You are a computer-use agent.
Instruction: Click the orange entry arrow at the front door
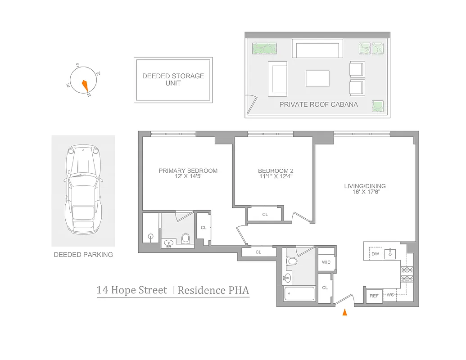click(x=345, y=312)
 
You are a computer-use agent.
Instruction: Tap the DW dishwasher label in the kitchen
click(x=375, y=254)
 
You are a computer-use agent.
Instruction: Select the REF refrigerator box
click(x=374, y=296)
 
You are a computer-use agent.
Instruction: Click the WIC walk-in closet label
click(x=326, y=262)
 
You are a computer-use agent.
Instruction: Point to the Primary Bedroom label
click(x=188, y=171)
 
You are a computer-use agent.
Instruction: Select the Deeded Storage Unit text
click(x=173, y=80)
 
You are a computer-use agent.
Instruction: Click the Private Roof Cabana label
click(x=318, y=104)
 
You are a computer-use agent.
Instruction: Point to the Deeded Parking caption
click(x=83, y=255)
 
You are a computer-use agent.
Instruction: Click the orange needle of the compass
click(x=85, y=84)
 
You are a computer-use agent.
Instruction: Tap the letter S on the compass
click(x=78, y=65)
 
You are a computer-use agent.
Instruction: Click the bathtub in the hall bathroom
click(x=299, y=294)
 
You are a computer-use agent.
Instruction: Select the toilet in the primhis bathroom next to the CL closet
click(x=185, y=238)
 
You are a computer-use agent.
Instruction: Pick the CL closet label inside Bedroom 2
click(x=265, y=215)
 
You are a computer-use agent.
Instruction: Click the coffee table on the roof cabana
click(x=317, y=78)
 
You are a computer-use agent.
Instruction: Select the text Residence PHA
click(x=213, y=290)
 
